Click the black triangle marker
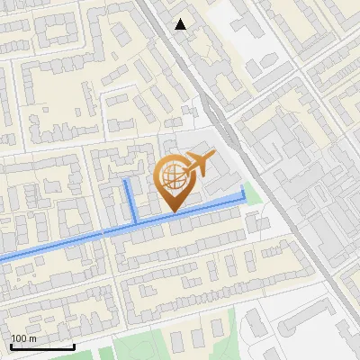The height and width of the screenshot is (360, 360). [181, 24]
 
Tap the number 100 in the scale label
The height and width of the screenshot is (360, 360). [20, 339]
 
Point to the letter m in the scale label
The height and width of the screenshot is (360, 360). [32, 339]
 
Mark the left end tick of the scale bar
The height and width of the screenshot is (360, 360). [12, 346]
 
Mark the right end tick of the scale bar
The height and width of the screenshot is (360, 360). [74, 346]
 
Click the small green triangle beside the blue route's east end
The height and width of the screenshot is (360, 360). [253, 193]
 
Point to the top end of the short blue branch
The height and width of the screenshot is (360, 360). [126, 181]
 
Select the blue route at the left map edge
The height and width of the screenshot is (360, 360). [3, 258]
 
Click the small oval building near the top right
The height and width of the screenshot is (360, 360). [267, 62]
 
